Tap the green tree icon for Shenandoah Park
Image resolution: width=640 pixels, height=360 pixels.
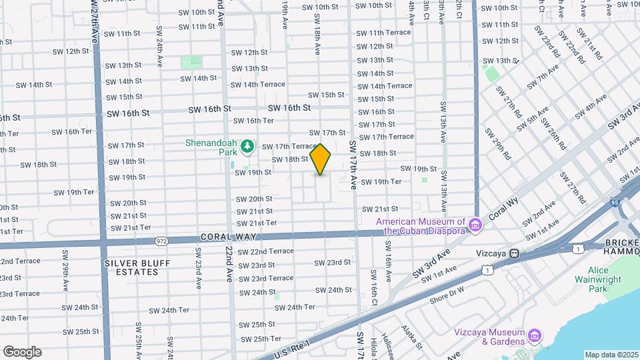[x=247, y=145]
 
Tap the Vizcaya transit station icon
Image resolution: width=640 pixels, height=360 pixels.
[x=514, y=253]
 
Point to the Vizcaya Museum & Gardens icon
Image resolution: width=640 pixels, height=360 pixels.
[x=534, y=334]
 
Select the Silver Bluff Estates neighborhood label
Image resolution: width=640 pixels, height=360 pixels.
[x=137, y=268]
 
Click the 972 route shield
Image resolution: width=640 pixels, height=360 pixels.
[x=161, y=240]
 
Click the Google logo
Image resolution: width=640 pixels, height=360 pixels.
[x=22, y=351]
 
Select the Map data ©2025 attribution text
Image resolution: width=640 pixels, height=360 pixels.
[x=611, y=355]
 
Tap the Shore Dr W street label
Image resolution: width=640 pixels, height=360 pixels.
[x=446, y=298]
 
